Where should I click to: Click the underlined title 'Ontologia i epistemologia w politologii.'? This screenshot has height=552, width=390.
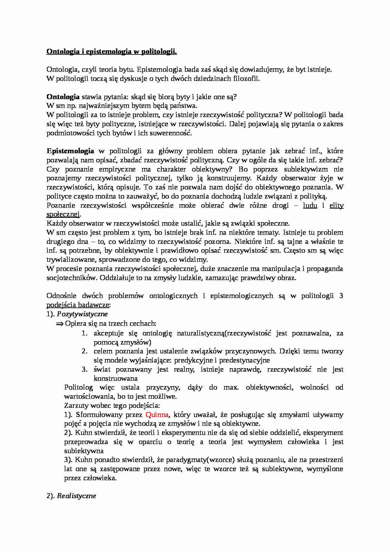(111, 52)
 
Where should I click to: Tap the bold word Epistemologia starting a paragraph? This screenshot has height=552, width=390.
(70, 151)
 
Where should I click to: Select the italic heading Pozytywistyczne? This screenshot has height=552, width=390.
(82, 314)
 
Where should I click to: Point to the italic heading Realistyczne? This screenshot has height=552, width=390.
(76, 496)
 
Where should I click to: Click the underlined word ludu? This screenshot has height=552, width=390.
(310, 206)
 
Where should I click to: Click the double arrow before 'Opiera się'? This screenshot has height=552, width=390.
(59, 324)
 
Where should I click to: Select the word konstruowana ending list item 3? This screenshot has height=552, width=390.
(116, 378)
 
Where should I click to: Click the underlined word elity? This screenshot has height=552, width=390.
(337, 206)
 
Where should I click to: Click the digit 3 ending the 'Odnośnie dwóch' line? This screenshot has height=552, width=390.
(341, 296)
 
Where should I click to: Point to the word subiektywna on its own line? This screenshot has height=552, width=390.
(84, 451)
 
